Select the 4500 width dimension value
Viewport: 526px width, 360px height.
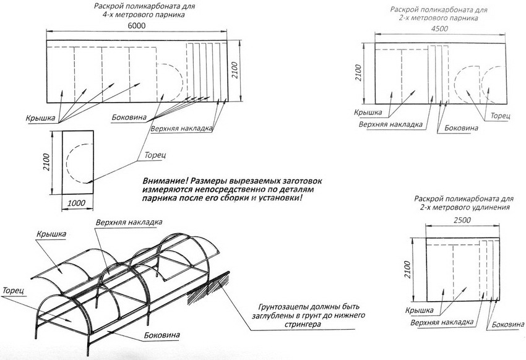439,29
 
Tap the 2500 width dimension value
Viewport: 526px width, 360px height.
463,220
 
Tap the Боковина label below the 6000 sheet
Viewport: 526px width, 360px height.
131,117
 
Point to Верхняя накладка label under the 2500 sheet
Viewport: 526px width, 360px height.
442,323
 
